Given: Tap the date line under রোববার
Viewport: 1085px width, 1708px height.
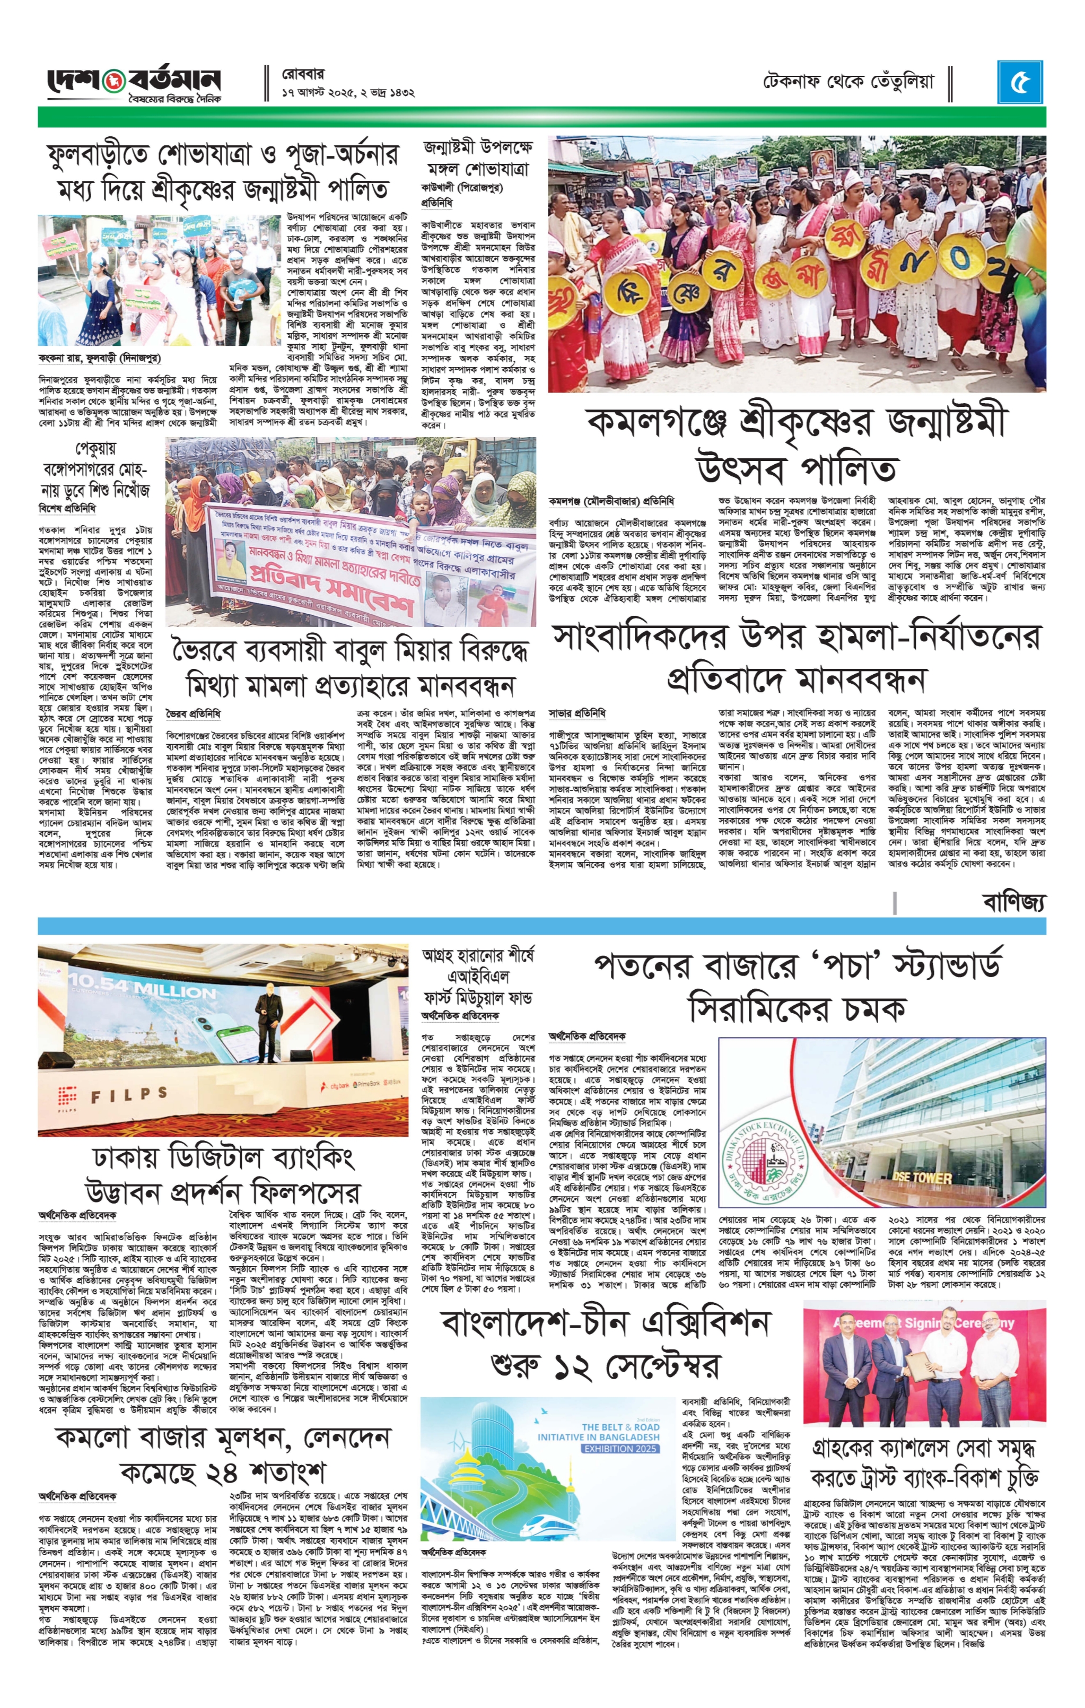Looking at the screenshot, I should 347,93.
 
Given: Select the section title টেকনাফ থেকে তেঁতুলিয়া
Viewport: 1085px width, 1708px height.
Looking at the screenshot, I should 849,82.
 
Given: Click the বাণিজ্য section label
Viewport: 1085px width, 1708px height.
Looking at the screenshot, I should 1013,902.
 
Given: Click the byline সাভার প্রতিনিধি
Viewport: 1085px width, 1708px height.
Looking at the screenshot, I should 577,713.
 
